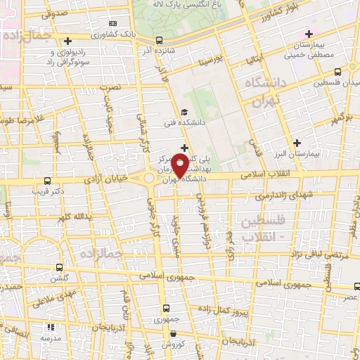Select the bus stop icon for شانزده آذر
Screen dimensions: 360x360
tap(159, 40)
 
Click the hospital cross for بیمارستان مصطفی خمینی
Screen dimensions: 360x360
tap(309, 34)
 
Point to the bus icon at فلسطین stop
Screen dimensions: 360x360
tap(338, 72)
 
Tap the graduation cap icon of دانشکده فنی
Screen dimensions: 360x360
tap(184, 112)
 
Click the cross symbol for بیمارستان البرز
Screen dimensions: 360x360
tap(297, 143)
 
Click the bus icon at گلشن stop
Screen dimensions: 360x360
tap(59, 268)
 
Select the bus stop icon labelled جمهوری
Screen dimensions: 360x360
tap(167, 308)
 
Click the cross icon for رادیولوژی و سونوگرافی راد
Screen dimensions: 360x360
tap(67, 41)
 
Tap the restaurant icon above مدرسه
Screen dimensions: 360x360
tap(51, 328)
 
